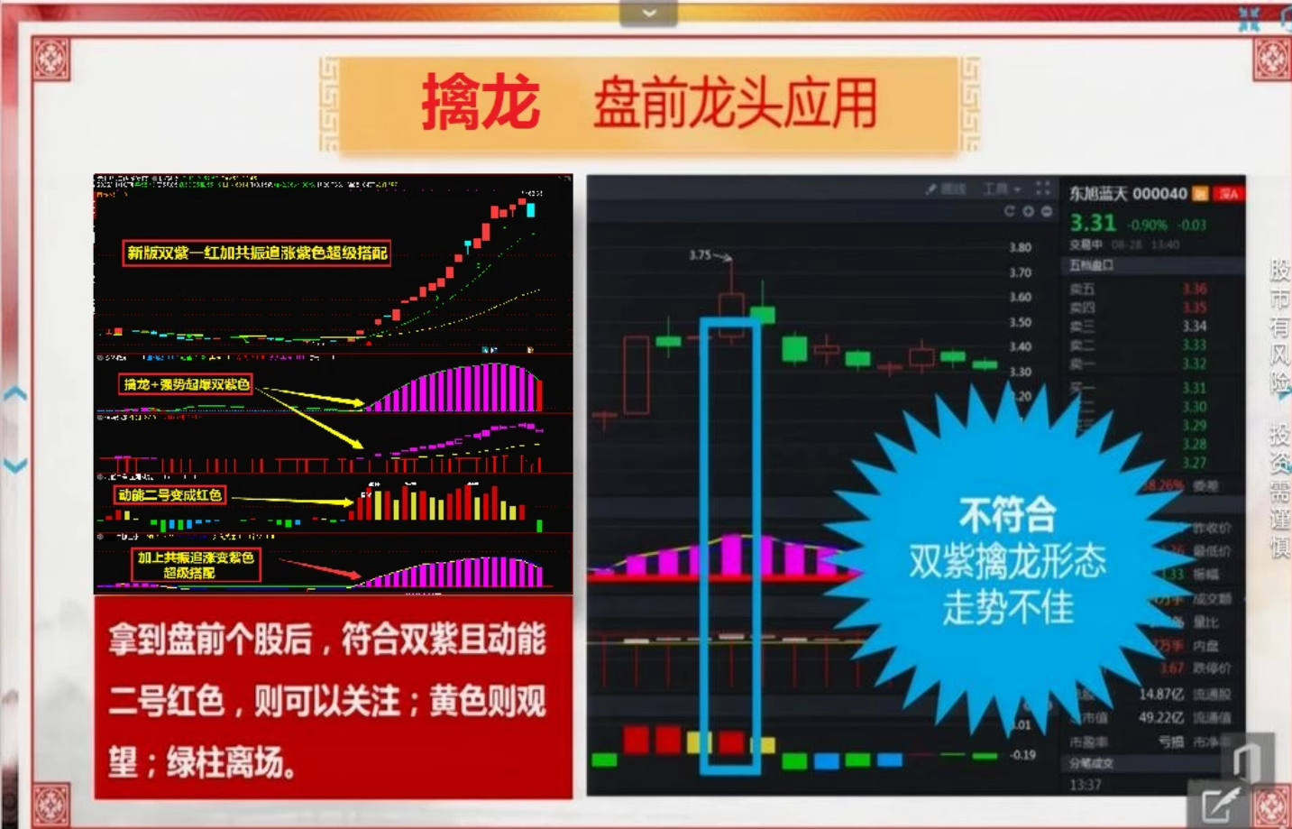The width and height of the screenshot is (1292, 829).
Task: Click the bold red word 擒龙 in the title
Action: tap(480, 102)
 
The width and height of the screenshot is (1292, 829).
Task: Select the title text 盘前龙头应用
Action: tap(735, 103)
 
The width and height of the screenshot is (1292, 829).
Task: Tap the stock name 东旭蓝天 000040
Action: tap(1128, 194)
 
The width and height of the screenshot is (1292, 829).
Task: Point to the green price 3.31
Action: tap(1093, 223)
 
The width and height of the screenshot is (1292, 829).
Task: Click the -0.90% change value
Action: tap(1147, 225)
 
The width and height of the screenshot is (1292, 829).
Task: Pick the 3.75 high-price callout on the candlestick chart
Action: tap(700, 255)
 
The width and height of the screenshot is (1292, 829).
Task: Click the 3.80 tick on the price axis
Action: tap(1020, 247)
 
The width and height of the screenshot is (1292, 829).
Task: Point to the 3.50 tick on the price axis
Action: tap(1020, 322)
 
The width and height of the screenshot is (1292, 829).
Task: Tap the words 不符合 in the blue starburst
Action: tap(1007, 516)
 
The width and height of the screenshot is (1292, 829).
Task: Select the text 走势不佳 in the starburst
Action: tap(1008, 607)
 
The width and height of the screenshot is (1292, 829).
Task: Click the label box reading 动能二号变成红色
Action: tap(170, 495)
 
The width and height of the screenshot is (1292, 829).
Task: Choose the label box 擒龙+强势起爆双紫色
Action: tap(187, 384)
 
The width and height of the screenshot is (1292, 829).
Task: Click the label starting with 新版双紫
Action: tap(257, 253)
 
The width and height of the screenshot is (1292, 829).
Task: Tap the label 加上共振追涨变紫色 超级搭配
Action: tap(196, 565)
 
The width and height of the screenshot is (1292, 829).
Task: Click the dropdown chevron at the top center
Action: tap(648, 13)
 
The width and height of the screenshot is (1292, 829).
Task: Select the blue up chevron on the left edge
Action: tap(15, 394)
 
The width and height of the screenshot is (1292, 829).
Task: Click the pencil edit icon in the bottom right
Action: tap(1219, 803)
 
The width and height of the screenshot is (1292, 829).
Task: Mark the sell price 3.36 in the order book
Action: tap(1194, 289)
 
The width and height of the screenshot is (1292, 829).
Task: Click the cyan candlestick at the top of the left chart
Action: tap(530, 210)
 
